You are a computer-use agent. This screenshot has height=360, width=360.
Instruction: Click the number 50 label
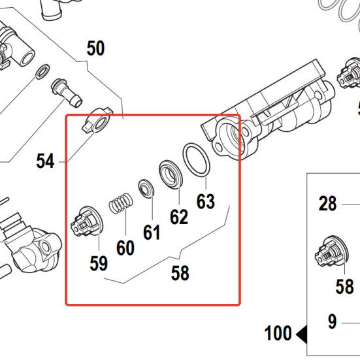[96, 48]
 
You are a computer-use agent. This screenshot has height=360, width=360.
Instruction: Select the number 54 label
[45, 161]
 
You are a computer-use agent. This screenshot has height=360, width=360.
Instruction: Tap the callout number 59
[99, 263]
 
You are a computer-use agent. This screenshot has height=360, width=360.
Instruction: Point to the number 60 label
[125, 248]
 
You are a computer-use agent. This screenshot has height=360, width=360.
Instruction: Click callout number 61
[152, 233]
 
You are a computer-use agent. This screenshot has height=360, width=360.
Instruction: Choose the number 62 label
[179, 217]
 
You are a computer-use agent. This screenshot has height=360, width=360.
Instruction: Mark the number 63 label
[206, 201]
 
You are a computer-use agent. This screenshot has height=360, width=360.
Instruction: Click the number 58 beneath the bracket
[180, 273]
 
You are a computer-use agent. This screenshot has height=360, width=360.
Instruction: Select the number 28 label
[327, 203]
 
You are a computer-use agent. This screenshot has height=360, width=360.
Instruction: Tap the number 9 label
[332, 321]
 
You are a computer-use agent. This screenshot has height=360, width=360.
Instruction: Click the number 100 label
[278, 333]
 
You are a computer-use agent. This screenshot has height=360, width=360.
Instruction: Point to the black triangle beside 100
[302, 335]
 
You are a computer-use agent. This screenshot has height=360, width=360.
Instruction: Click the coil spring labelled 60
[121, 203]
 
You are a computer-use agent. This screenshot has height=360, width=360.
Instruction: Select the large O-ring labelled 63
[196, 160]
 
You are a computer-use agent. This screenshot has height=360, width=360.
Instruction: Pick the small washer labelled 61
[146, 188]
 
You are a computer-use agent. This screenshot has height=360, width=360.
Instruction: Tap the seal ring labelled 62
[171, 174]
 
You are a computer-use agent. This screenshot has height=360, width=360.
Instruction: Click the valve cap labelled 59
[88, 221]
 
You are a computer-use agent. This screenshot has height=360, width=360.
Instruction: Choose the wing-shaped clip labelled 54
[97, 121]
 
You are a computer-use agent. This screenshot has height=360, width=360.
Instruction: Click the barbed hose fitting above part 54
[67, 93]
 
